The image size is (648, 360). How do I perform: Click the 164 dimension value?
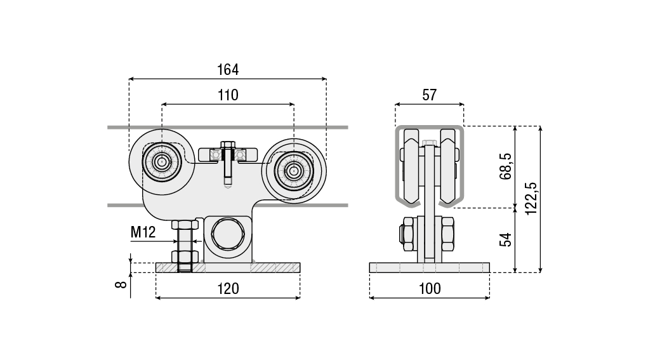click(x=228, y=69)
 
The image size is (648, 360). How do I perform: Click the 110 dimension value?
click(x=228, y=95)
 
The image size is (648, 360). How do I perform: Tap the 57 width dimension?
click(x=429, y=95)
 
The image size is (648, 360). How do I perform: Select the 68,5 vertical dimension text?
click(x=505, y=166)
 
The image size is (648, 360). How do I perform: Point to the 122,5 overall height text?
click(x=531, y=199)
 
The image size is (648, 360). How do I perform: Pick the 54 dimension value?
click(x=505, y=240)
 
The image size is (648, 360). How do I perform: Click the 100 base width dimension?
click(x=430, y=288)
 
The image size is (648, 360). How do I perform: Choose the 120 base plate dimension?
click(x=228, y=288)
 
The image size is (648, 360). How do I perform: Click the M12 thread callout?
click(x=143, y=232)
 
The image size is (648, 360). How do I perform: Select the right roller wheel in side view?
click(x=293, y=170)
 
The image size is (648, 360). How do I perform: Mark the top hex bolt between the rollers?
click(x=228, y=145)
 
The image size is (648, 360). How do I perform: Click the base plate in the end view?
click(x=430, y=267)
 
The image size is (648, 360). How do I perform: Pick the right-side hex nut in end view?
click(x=447, y=234)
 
